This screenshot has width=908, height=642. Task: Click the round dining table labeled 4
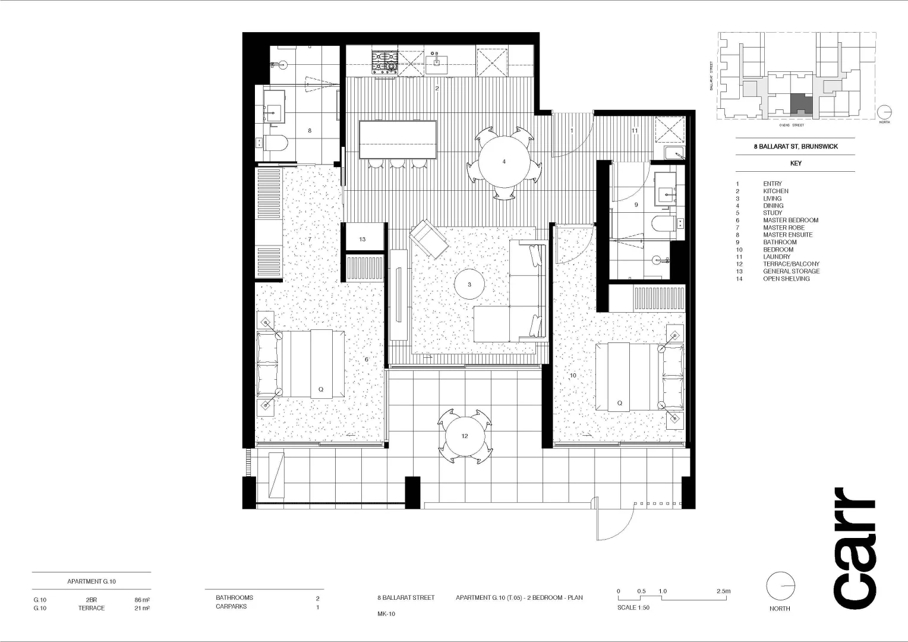point(504,162)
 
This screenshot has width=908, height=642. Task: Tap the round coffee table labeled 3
point(469,285)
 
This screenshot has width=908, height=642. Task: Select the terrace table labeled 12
point(465,436)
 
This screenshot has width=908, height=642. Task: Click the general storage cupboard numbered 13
point(362,238)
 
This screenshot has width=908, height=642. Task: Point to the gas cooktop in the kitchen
point(384,62)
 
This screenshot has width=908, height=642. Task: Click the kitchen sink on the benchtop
point(437,61)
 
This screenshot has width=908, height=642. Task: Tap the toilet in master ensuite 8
point(275,143)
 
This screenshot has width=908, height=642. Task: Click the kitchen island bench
point(398,140)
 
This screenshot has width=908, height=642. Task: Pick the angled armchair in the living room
point(428,238)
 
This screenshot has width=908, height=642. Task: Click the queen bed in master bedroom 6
point(301,364)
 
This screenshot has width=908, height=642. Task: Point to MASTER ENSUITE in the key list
point(787,235)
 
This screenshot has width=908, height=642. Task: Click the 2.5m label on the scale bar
point(723,591)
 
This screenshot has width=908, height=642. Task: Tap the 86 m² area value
point(142,600)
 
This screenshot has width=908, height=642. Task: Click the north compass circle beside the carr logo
point(780,587)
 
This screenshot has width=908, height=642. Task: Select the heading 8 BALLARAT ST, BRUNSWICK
point(796,146)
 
